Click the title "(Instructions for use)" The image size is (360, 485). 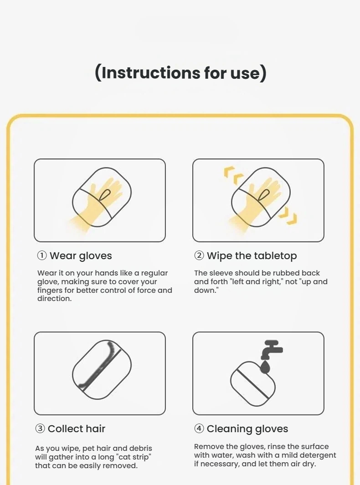tap(180, 73)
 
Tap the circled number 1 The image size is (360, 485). tap(42, 256)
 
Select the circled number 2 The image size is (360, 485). tap(199, 256)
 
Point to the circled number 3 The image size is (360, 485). tap(40, 429)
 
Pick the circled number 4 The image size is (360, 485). tap(199, 429)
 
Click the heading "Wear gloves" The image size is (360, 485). tap(81, 256)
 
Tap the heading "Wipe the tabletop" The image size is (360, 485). tap(252, 256)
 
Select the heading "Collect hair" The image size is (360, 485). tap(77, 429)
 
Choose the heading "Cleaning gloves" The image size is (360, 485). tap(247, 429)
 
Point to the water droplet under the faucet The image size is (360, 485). tap(265, 366)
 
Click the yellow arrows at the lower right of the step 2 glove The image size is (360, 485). tap(288, 215)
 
